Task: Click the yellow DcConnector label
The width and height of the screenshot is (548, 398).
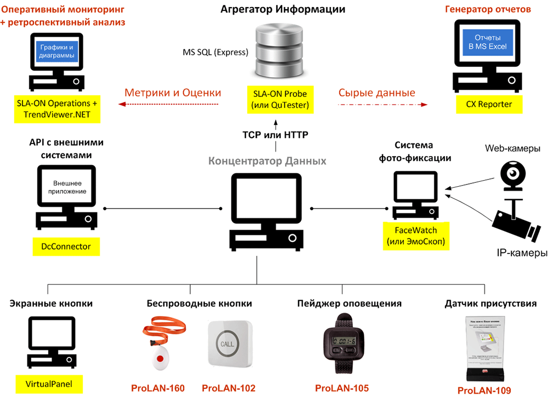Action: click(x=66, y=247)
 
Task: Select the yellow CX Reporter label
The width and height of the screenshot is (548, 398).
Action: click(x=484, y=104)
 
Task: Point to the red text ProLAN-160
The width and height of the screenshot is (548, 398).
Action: click(x=158, y=389)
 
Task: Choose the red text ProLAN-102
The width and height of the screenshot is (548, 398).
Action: click(x=229, y=389)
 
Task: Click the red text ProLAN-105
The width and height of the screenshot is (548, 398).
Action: click(x=342, y=388)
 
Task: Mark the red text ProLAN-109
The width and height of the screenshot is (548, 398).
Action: click(x=484, y=390)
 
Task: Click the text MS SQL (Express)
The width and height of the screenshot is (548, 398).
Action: click(x=215, y=53)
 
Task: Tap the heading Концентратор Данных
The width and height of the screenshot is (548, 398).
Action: click(x=267, y=161)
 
